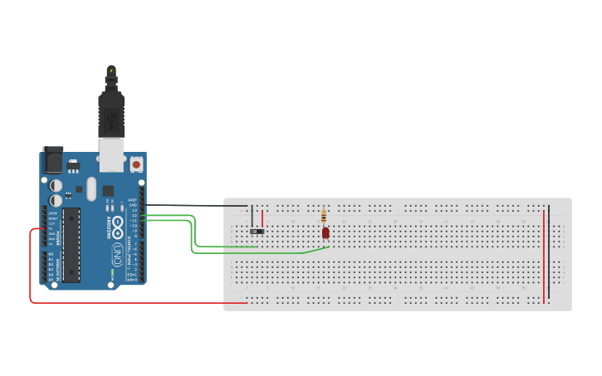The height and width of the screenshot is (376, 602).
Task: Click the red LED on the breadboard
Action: [x=325, y=232]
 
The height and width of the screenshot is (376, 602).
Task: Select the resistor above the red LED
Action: [x=324, y=217]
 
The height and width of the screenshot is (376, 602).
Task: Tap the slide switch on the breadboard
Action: [x=258, y=231]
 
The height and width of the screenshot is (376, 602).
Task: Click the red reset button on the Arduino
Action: [x=136, y=164]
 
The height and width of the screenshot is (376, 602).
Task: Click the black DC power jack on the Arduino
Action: [x=53, y=160]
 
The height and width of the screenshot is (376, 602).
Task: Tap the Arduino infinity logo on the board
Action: [x=118, y=227]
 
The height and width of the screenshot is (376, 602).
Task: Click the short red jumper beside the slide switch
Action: [x=265, y=217]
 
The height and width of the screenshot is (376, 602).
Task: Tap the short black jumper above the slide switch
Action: [x=252, y=216]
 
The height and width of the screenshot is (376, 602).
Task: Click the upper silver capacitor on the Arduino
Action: [x=56, y=186]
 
